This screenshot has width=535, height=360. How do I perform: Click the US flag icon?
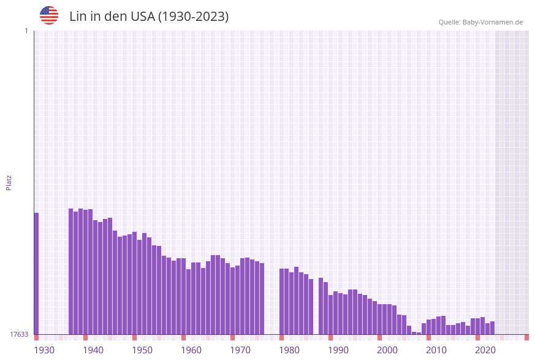pyautogui.click(x=49, y=15)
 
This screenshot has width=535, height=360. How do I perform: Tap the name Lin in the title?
pyautogui.click(x=77, y=17)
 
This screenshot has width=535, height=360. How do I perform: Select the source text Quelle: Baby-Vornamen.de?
pyautogui.click(x=480, y=22)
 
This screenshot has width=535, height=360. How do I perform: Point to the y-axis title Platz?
pyautogui.click(x=9, y=182)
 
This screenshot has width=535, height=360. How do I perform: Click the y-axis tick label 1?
pyautogui.click(x=26, y=31)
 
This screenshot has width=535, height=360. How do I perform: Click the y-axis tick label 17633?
pyautogui.click(x=18, y=334)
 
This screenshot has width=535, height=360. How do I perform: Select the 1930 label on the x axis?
pyautogui.click(x=44, y=350)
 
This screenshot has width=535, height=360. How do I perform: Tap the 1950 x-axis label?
pyautogui.click(x=142, y=350)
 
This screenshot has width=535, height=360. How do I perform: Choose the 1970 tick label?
pyautogui.click(x=240, y=350)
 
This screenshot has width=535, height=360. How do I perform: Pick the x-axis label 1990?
pyautogui.click(x=338, y=350)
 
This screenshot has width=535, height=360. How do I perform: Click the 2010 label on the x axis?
pyautogui.click(x=436, y=350)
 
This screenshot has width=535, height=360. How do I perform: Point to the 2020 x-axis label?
pyautogui.click(x=485, y=350)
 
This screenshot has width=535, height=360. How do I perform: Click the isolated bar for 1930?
pyautogui.click(x=36, y=274)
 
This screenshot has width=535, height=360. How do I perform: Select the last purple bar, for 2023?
pyautogui.click(x=492, y=327)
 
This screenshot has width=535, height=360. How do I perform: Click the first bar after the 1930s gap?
pyautogui.click(x=70, y=271)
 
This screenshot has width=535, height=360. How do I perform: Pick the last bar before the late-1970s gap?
pyautogui.click(x=262, y=299)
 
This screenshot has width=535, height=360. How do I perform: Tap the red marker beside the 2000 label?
pyautogui.click(x=379, y=337)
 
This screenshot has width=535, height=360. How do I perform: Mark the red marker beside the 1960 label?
pyautogui.click(x=183, y=337)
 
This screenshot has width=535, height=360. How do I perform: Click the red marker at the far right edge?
pyautogui.click(x=526, y=337)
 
